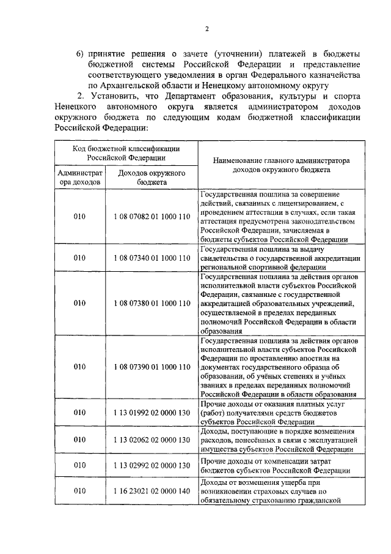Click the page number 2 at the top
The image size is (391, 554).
pyautogui.click(x=206, y=29)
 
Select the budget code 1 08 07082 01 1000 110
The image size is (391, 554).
pyautogui.click(x=152, y=217)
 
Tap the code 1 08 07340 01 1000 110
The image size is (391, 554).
pyautogui.click(x=152, y=258)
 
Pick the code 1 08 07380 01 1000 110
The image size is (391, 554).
pyautogui.click(x=152, y=303)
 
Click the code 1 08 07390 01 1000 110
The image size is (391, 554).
pyautogui.click(x=152, y=367)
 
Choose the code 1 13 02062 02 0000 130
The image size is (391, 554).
pyautogui.click(x=152, y=440)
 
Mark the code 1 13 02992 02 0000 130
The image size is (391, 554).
pyautogui.click(x=152, y=465)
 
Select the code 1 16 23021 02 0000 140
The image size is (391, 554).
pyautogui.click(x=152, y=491)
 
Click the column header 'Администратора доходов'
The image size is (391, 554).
pyautogui.click(x=79, y=178)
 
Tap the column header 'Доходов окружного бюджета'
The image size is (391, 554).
pyautogui.click(x=152, y=178)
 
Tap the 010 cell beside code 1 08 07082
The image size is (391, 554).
pyautogui.click(x=79, y=217)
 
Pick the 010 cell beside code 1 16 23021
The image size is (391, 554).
pyautogui.click(x=79, y=491)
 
